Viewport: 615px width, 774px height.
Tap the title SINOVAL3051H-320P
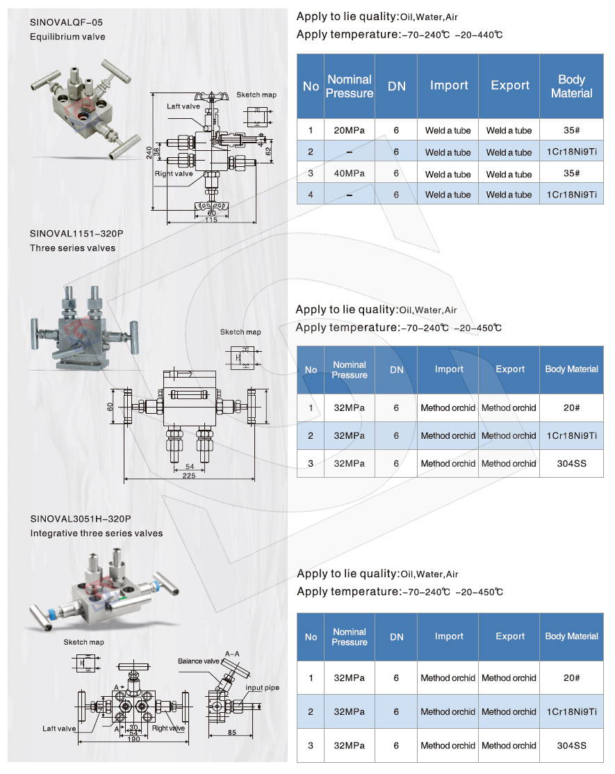coord(81,519)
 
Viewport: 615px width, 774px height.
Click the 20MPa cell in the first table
coord(349,130)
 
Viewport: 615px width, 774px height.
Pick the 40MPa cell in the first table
coord(349,174)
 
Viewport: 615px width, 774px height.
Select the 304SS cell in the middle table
coord(571,463)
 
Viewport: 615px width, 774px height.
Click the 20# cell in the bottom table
coord(571,677)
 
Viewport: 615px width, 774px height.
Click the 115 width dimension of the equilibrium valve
coord(211,220)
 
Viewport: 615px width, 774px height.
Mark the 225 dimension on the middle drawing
coord(188,476)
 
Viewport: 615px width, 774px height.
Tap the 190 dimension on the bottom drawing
coord(134,739)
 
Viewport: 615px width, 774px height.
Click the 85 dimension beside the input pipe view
coord(230,732)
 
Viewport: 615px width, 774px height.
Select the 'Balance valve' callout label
coord(198,661)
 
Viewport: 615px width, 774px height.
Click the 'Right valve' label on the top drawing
coord(174,174)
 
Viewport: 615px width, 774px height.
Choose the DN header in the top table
coord(396,86)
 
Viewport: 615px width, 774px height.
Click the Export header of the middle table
coord(509,369)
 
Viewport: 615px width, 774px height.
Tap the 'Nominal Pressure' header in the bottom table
coord(349,637)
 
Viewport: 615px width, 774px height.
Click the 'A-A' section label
coord(232,654)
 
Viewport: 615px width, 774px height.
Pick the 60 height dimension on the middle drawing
coord(110,407)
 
